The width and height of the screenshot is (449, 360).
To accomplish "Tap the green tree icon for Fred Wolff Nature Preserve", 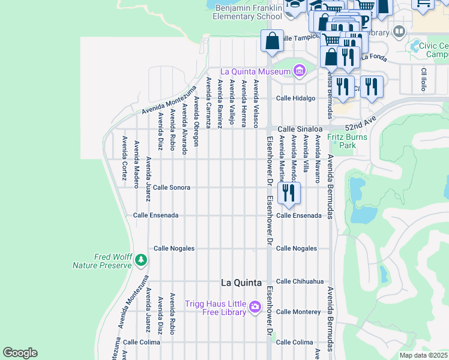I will pos(140,260).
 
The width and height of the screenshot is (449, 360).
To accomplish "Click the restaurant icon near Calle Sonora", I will pos(289,193).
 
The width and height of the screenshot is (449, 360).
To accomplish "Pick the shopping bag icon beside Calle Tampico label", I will pos(272,41).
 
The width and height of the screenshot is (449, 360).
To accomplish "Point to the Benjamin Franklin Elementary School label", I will pos(247,12).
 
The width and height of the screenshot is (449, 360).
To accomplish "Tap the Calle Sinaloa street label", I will pos(300,129).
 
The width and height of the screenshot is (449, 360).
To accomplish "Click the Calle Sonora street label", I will pos(172,188).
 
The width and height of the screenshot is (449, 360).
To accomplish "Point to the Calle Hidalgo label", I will pos(295,98).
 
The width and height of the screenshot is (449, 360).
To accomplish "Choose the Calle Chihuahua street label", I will pos(300,281).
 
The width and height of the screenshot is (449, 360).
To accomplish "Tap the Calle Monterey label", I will pos(298,312).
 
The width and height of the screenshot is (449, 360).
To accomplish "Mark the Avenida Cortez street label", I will pos(124,158).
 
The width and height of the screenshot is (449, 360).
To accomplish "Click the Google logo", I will pos(20,353).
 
